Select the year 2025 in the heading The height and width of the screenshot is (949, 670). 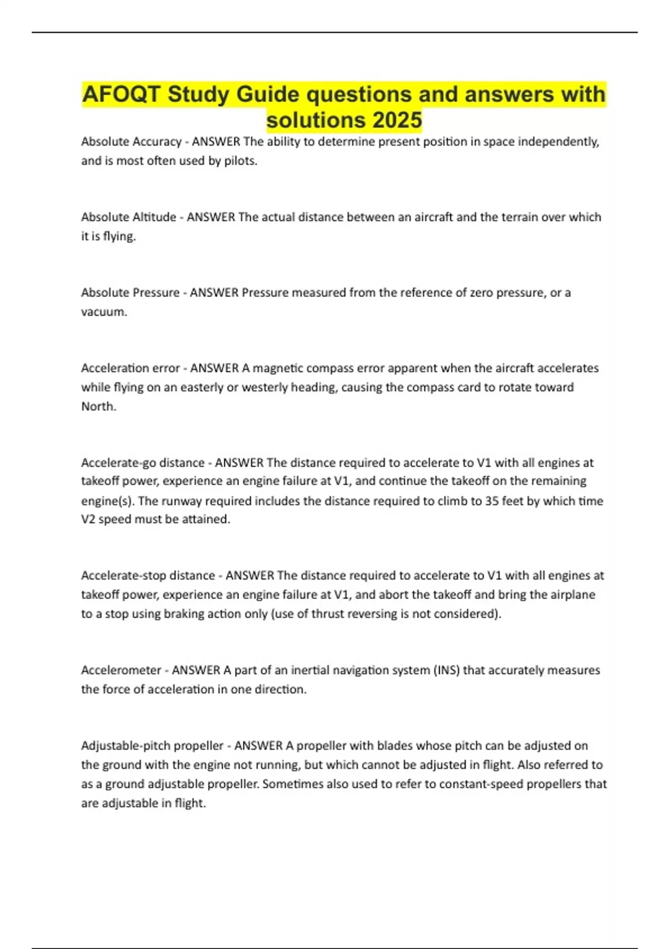click(397, 120)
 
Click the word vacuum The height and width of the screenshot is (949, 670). click(104, 311)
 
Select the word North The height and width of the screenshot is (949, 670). click(98, 406)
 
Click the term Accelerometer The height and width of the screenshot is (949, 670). click(121, 670)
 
